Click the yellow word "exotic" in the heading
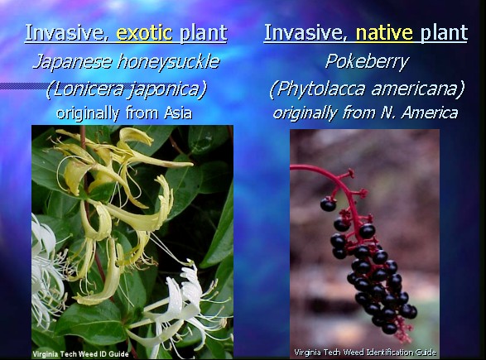(x=144, y=33)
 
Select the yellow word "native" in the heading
(x=384, y=33)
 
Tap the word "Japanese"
(x=72, y=62)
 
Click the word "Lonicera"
(x=85, y=89)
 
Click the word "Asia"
(x=177, y=113)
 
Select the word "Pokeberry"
(x=368, y=62)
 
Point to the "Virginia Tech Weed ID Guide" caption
(x=80, y=354)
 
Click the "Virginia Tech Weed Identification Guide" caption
(x=365, y=353)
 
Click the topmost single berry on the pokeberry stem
(x=328, y=204)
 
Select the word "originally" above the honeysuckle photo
(x=88, y=113)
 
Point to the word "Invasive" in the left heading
(x=67, y=33)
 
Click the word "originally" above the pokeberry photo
(x=305, y=113)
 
